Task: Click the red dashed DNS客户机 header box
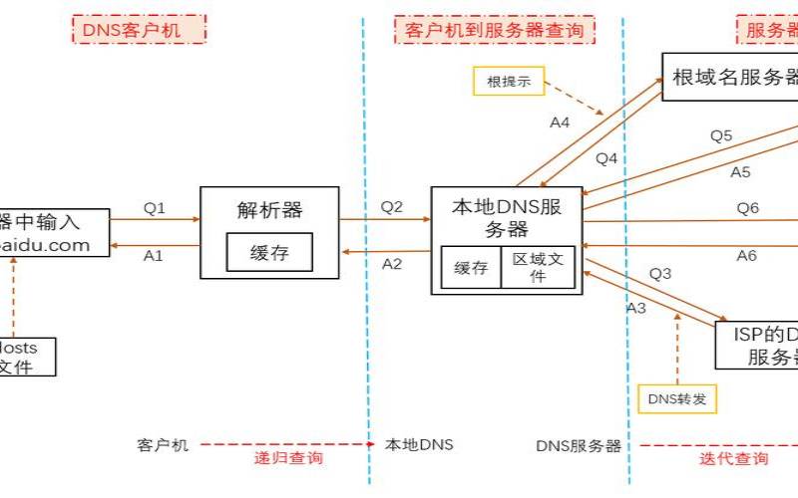139,29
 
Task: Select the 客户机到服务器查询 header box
494,29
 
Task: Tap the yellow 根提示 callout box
509,81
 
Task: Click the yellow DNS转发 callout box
677,398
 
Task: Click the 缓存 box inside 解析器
269,253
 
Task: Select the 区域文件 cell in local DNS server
538,267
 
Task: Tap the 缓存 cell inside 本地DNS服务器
471,267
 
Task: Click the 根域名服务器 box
733,77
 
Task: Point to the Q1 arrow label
154,208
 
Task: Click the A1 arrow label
153,255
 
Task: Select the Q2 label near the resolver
392,207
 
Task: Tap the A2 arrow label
392,263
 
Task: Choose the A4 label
560,123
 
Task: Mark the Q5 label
720,135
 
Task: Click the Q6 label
747,207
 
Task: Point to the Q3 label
660,273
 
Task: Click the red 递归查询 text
288,459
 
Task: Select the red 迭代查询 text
733,459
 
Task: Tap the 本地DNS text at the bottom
412,445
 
